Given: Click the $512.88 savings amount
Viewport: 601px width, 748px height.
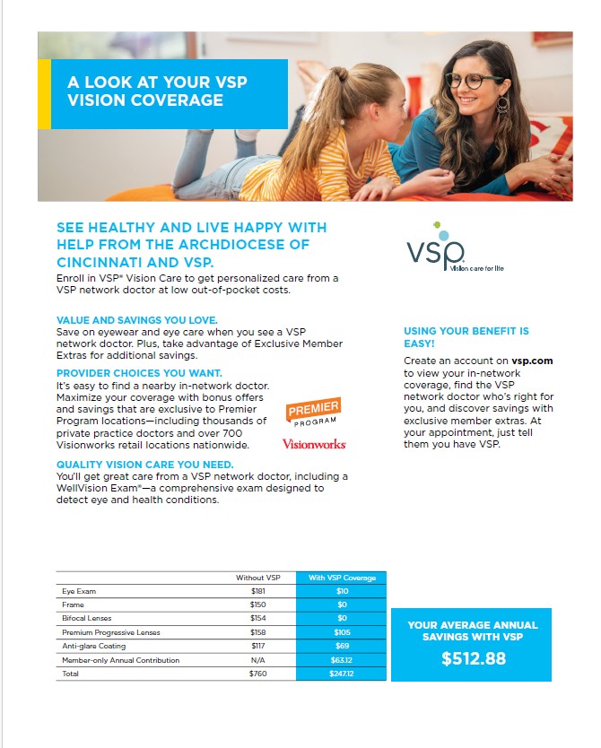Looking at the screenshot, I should (473, 659).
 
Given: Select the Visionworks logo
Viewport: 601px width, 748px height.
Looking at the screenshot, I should (314, 444).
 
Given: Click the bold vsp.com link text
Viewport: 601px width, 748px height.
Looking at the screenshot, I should (532, 361).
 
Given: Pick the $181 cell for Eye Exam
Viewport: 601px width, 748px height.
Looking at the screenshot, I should (258, 592).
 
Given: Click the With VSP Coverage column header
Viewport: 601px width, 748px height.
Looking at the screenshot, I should (341, 578).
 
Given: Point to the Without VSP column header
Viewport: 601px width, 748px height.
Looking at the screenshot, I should (258, 578).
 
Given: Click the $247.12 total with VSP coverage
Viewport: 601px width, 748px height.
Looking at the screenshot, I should (341, 673).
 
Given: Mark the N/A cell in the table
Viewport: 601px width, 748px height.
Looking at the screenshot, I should (258, 659).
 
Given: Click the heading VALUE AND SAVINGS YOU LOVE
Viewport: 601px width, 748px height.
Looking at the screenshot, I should (136, 318).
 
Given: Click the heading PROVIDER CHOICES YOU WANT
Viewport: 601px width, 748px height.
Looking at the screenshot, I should (139, 371).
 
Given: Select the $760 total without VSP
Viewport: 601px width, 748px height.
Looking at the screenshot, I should (258, 673).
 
